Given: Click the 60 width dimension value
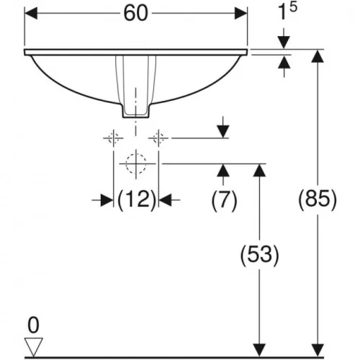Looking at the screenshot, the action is (135, 14).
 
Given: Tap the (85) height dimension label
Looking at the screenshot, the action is (318, 199).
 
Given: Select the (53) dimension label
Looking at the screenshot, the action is (259, 255).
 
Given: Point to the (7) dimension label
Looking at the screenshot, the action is (224, 200).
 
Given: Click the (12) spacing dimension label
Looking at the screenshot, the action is (137, 199).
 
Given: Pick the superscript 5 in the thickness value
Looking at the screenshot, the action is (293, 7).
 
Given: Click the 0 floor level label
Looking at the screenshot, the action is (33, 325).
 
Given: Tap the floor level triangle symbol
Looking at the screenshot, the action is (34, 346).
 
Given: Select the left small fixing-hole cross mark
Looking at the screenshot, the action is (113, 138).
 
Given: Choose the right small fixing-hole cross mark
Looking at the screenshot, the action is (158, 138).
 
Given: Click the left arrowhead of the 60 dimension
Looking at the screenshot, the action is (31, 13).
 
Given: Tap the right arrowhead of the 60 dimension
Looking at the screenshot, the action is (240, 13).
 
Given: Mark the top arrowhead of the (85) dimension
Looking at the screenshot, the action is (318, 56).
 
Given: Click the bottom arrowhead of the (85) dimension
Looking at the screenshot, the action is (318, 351).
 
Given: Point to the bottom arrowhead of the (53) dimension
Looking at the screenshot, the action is (259, 351).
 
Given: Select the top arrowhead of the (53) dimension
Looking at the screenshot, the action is (259, 170).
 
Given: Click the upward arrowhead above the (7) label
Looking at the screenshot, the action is (223, 170).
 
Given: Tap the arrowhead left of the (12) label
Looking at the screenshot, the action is (107, 200).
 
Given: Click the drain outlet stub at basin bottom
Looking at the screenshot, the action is (136, 111).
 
